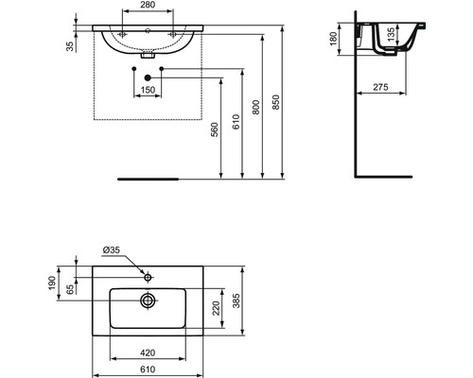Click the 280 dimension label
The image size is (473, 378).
point(148,5)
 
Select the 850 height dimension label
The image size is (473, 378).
point(276,102)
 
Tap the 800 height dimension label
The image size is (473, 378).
point(255,107)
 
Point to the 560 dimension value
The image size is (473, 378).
point(214,129)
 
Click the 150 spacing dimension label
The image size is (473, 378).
point(148,90)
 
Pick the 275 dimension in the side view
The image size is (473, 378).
point(380,87)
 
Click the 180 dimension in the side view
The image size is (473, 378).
point(334,39)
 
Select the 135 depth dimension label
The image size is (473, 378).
point(391,34)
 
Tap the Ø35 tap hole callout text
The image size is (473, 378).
point(112,250)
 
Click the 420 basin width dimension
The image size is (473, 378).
point(148,352)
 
